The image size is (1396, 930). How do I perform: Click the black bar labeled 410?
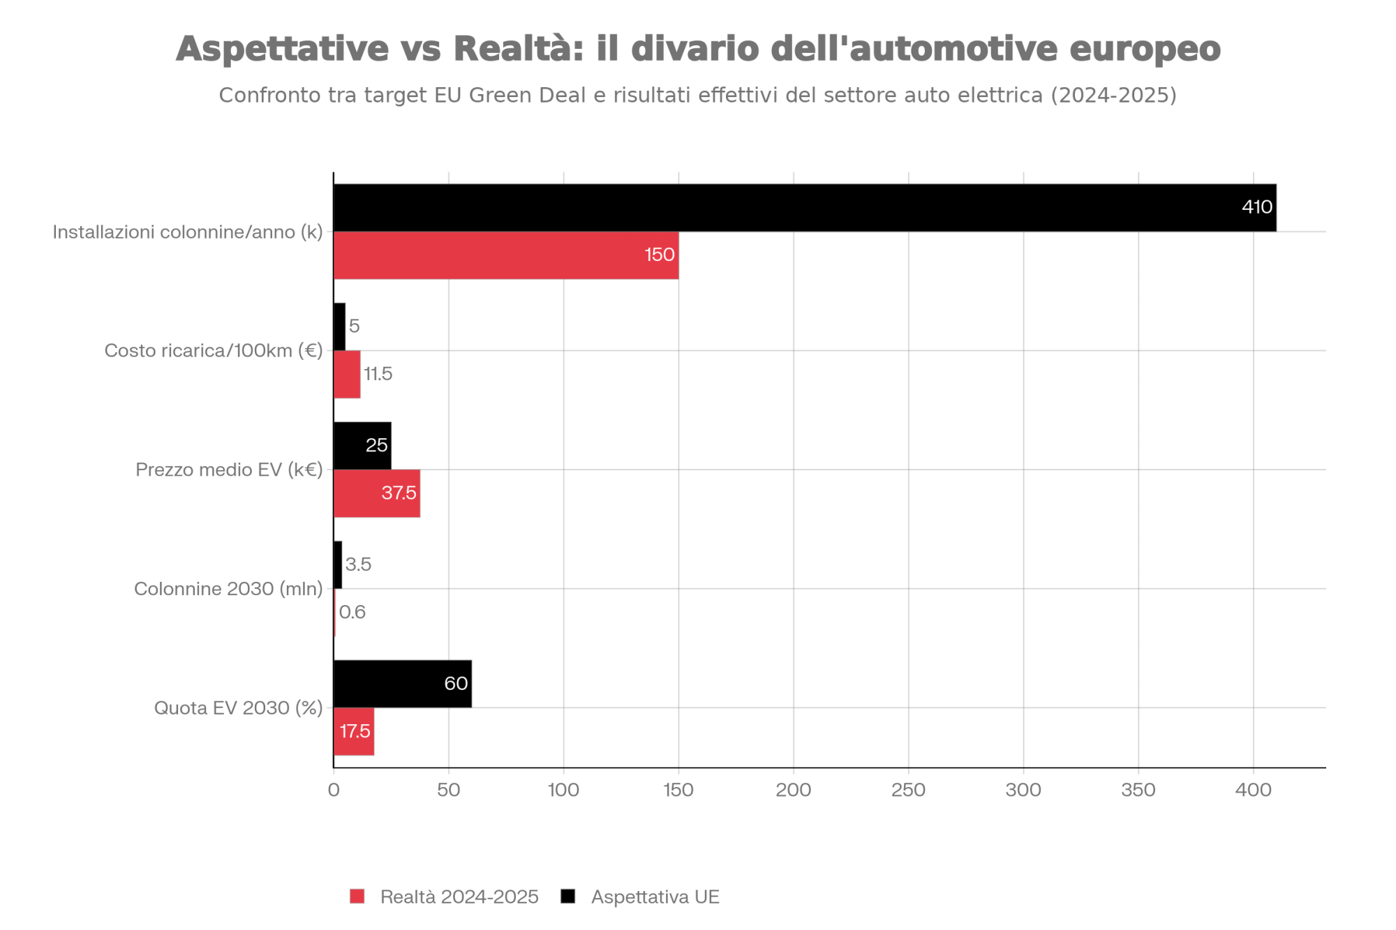pos(803,208)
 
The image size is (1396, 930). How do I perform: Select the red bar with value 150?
pos(506,255)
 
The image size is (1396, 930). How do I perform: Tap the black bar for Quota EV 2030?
pos(402,684)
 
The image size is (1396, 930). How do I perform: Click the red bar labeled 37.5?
pos(377,493)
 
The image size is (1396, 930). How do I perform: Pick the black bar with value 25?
pos(362,446)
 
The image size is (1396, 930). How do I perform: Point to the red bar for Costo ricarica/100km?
pos(347,375)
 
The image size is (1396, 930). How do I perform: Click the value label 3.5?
pos(358,564)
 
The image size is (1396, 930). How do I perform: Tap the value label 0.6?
pos(352,613)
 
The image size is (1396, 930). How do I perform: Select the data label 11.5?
pos(378,375)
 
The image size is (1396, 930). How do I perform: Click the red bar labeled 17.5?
pos(354,731)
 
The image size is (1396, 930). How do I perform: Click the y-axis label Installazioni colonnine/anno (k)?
pos(188,232)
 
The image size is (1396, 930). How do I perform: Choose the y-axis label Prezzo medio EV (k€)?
pos(229,470)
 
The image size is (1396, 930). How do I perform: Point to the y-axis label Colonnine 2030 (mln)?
pos(228,590)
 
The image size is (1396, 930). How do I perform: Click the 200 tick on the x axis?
pos(794,790)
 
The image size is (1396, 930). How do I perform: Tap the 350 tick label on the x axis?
pos(1138,790)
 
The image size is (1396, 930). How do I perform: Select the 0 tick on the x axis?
pos(334,790)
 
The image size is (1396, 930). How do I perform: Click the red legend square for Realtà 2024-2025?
pos(357,897)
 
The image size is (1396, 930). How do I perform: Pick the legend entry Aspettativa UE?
pos(655,897)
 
